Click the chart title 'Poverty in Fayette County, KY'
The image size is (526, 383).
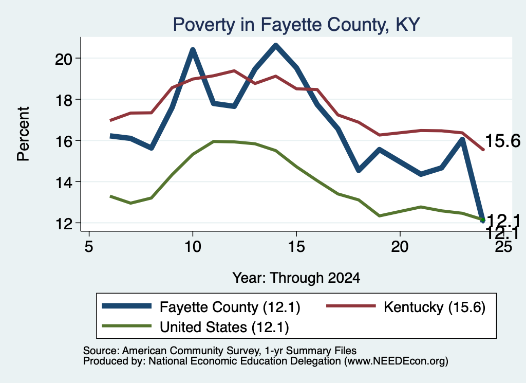[296, 25]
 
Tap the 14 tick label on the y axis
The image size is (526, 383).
[64, 183]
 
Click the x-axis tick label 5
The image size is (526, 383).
[88, 246]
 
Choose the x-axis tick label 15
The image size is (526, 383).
[296, 246]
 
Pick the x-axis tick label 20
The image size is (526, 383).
[400, 246]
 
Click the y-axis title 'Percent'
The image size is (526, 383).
[24, 134]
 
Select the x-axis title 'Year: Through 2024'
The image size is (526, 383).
[296, 278]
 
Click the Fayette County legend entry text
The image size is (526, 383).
[230, 307]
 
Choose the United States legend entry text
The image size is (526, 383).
[224, 327]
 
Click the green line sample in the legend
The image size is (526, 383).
[127, 326]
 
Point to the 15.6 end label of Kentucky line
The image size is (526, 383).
[502, 141]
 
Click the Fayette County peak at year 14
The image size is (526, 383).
[276, 45]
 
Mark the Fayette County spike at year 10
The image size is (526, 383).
[193, 50]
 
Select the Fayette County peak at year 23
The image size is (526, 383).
[462, 139]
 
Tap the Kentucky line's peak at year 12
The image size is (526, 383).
[234, 71]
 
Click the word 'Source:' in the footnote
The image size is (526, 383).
[101, 351]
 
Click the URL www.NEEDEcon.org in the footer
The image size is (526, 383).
[396, 361]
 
